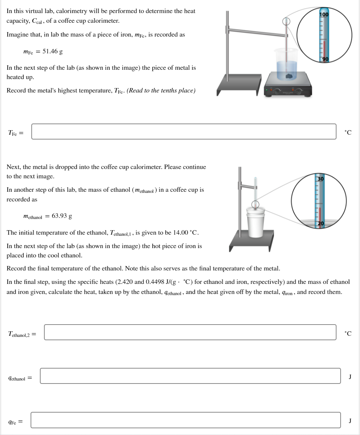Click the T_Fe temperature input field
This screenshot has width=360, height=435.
[x=184, y=132]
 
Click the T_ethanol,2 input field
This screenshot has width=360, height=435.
[x=190, y=332]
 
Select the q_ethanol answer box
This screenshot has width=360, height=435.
[x=190, y=376]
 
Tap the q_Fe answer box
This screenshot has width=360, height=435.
[x=186, y=420]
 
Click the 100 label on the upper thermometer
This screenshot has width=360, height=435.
[x=324, y=15]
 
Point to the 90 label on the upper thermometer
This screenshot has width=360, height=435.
[x=325, y=59]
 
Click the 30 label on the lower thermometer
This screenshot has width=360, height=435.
[x=320, y=179]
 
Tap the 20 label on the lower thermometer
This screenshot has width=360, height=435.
[x=321, y=223]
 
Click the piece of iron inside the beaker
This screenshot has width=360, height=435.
[x=288, y=76]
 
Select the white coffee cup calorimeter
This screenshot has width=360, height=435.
[x=256, y=223]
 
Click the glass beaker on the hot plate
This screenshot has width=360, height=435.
[x=286, y=63]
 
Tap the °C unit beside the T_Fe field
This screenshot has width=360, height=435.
[x=348, y=132]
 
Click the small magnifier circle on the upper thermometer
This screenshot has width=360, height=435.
[x=286, y=22]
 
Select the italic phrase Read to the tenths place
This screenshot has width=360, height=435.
[x=161, y=91]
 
